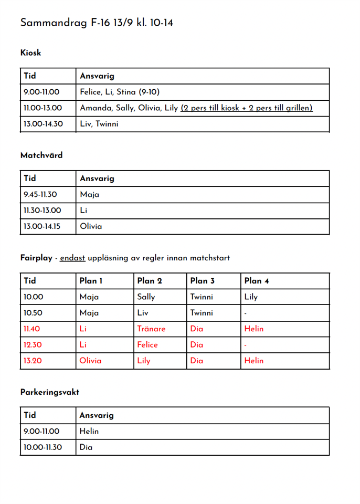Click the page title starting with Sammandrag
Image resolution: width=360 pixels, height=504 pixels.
[97, 23]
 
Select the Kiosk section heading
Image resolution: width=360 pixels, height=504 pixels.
[30, 52]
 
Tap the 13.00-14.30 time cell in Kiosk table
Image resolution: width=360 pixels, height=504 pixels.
[43, 124]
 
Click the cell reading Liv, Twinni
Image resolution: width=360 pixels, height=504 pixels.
[99, 124]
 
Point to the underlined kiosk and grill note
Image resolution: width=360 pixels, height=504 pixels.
[247, 108]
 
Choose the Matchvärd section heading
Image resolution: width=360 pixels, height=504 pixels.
[41, 155]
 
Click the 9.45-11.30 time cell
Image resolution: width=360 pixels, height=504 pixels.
[40, 194]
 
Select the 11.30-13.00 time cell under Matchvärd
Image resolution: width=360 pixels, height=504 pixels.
[42, 211]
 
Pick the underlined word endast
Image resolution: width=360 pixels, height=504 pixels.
[72, 258]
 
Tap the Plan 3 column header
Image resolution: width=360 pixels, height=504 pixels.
[203, 281]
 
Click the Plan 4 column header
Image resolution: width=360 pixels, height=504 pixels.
[257, 281]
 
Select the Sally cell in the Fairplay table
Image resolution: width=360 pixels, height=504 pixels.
[146, 297]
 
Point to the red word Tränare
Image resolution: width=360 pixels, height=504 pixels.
[151, 329]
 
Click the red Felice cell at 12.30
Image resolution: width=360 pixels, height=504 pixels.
[147, 345]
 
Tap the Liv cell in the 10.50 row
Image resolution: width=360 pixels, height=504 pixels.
[143, 313]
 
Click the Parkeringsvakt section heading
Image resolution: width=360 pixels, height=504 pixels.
[50, 392]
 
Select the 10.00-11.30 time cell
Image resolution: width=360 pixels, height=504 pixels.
[43, 447]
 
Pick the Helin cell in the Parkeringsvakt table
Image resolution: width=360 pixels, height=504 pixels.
[89, 432]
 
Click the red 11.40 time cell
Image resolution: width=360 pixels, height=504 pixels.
[33, 329]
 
